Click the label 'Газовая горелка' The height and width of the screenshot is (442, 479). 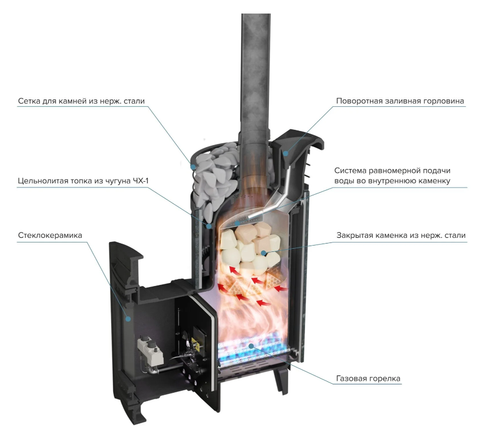pyautogui.click(x=368, y=379)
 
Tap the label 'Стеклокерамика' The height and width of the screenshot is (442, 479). pyautogui.click(x=50, y=235)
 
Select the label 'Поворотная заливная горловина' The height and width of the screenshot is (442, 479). pyautogui.click(x=400, y=101)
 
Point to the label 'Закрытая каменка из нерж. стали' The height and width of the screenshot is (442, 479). pyautogui.click(x=401, y=235)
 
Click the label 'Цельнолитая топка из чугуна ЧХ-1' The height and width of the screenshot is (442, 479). pyautogui.click(x=83, y=181)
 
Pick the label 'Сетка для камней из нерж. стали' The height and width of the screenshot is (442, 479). pyautogui.click(x=81, y=101)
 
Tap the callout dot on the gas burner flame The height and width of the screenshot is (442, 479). pyautogui.click(x=251, y=346)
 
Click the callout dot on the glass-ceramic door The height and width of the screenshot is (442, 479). pyautogui.click(x=128, y=319)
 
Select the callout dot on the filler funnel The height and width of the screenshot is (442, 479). pyautogui.click(x=286, y=153)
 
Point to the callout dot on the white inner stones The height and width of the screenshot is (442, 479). pyautogui.click(x=263, y=253)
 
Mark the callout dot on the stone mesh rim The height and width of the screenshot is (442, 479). pyautogui.click(x=193, y=167)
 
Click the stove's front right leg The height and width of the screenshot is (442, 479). pyautogui.click(x=280, y=378)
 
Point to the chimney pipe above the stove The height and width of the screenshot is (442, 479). pyautogui.click(x=256, y=76)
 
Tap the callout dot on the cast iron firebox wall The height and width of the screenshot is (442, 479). pyautogui.click(x=209, y=226)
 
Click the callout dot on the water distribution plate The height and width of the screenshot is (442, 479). pyautogui.click(x=237, y=224)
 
